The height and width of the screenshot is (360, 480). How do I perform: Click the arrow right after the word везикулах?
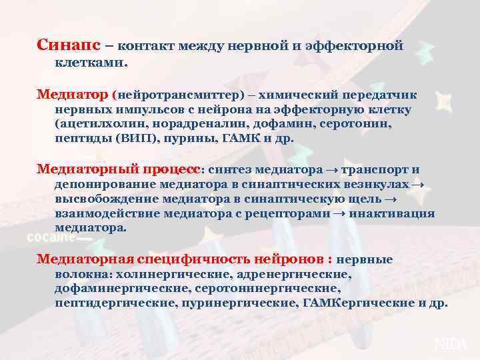(417, 183)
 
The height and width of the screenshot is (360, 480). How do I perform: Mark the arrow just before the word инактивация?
(339, 213)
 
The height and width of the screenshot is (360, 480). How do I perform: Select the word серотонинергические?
(267, 288)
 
